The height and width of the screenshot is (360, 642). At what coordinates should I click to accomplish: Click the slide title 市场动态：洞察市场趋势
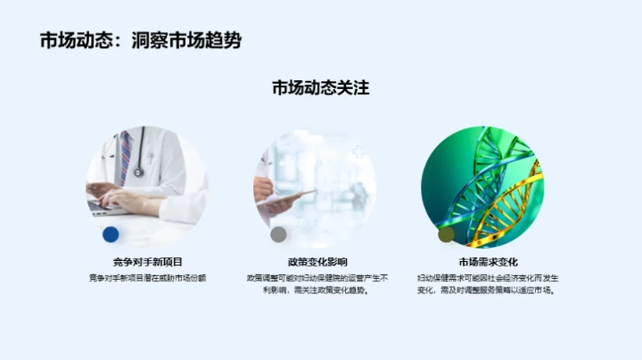point(140,41)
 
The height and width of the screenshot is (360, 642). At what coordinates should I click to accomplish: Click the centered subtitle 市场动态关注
point(320,88)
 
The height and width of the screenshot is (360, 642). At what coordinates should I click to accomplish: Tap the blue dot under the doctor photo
point(111,234)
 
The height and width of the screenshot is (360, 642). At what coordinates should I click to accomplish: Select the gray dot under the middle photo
point(278,234)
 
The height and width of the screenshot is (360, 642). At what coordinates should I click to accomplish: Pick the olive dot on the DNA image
point(446,234)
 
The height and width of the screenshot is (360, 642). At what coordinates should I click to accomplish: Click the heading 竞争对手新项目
point(147,262)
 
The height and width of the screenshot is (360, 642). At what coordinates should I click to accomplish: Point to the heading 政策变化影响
point(317,262)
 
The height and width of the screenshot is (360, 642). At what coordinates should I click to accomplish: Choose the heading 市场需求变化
point(488,262)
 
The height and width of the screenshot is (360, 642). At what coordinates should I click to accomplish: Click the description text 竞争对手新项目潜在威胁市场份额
point(147,278)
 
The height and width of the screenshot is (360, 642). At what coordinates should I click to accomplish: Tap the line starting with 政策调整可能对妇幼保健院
point(317,278)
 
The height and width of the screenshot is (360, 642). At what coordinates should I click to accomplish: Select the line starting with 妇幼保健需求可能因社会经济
point(488,278)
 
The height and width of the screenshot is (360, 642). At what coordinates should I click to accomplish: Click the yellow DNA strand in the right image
point(508,200)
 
